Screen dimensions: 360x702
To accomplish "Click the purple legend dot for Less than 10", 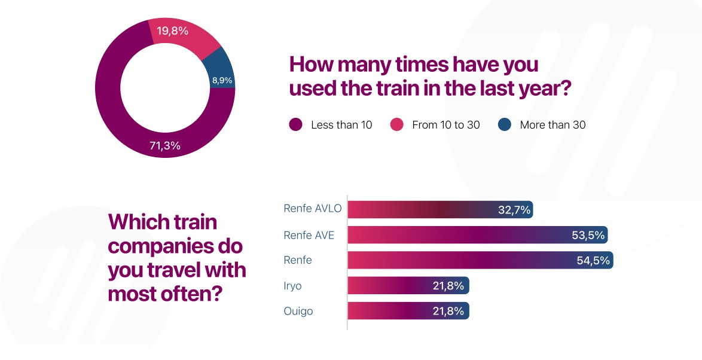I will [295, 125].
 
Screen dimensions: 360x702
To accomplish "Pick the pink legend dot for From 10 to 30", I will [396, 125].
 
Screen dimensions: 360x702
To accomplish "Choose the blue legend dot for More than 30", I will [504, 125].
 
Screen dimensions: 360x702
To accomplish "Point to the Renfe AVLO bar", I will [419, 210].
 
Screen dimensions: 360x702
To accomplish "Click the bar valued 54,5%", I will [466, 261].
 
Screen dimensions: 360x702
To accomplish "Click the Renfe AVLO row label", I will [312, 209].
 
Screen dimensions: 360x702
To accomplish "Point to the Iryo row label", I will [292, 286].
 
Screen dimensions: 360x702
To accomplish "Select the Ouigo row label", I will [298, 312].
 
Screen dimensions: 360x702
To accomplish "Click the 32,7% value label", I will [514, 210].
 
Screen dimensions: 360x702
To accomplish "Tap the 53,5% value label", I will [588, 235].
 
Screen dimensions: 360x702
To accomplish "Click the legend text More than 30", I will [553, 125].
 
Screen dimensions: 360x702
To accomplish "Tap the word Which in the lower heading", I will [132, 222].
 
